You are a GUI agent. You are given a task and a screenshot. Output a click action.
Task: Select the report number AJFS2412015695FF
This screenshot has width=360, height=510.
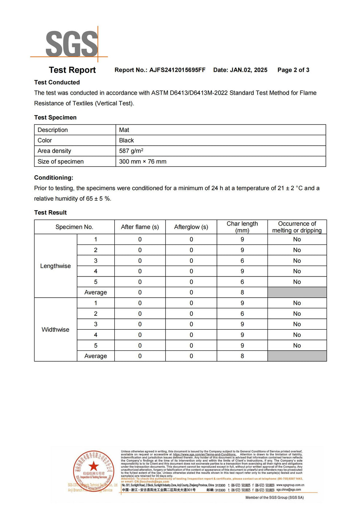[177, 70]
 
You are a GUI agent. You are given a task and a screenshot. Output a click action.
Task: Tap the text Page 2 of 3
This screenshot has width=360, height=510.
[293, 70]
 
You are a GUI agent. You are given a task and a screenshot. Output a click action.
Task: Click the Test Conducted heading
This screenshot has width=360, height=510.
[57, 82]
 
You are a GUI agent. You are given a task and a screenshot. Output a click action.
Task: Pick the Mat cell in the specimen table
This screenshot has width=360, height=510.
[124, 130]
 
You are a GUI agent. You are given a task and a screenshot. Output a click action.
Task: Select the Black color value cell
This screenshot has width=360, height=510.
[126, 141]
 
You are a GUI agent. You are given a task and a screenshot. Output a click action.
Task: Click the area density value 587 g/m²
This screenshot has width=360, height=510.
[131, 151]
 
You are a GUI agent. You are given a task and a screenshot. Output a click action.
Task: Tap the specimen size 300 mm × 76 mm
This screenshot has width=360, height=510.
[143, 161]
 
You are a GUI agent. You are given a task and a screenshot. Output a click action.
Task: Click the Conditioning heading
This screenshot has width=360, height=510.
[54, 178]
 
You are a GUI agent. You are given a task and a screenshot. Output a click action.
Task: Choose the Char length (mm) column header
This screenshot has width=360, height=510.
[242, 227]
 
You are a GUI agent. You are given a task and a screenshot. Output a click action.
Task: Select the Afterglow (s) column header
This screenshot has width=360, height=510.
[191, 227]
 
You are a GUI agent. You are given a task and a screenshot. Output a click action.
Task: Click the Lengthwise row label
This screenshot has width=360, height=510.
[55, 266]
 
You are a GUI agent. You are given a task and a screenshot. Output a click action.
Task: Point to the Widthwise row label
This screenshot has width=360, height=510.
[55, 330]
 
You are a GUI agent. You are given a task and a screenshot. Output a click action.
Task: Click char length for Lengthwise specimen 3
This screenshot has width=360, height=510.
[242, 261]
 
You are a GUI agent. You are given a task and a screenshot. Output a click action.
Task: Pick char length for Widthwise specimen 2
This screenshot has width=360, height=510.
[242, 314]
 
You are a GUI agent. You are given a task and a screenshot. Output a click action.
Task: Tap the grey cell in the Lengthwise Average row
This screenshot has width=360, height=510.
[297, 293]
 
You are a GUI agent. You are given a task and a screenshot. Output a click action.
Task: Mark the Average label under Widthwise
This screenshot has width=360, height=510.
[96, 356]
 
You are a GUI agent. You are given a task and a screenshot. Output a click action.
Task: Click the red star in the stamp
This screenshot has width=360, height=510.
[94, 466]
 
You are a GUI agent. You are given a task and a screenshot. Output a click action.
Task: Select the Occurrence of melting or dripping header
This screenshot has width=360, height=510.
[297, 227]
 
